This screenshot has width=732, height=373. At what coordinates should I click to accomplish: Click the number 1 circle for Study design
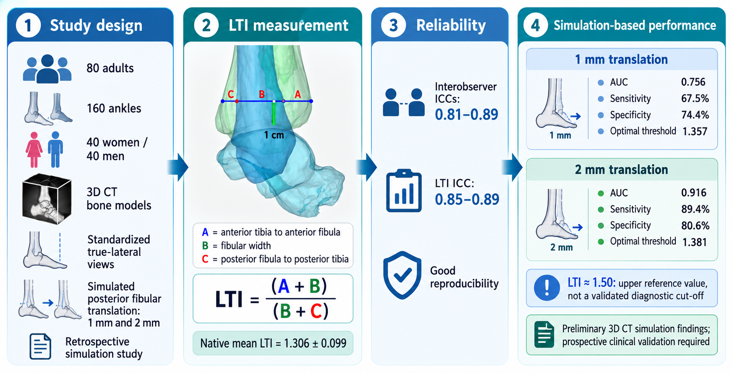pyautogui.click(x=28, y=25)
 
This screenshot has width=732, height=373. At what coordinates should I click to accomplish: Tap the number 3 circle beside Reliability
pyautogui.click(x=393, y=25)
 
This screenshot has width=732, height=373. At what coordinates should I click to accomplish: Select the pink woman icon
pyautogui.click(x=34, y=150)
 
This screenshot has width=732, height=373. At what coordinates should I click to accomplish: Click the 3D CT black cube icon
pyautogui.click(x=47, y=199)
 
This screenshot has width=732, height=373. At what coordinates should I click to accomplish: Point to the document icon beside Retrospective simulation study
pyautogui.click(x=40, y=346)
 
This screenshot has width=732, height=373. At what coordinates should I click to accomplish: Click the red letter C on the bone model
pyautogui.click(x=231, y=94)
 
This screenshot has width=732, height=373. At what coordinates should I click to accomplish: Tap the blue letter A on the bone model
pyautogui.click(x=298, y=95)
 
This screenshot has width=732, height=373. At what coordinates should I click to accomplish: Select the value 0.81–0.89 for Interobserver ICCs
pyautogui.click(x=466, y=114)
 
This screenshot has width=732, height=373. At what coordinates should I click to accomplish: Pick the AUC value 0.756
pyautogui.click(x=693, y=82)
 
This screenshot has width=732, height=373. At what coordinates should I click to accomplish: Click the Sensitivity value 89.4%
pyautogui.click(x=695, y=209)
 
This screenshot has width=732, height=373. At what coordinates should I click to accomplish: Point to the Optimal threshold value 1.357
pyautogui.click(x=695, y=131)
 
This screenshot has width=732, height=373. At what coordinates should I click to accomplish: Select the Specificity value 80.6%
pyautogui.click(x=695, y=225)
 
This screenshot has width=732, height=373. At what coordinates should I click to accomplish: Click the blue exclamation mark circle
pyautogui.click(x=547, y=288)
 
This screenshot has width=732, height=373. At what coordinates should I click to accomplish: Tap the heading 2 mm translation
pyautogui.click(x=621, y=170)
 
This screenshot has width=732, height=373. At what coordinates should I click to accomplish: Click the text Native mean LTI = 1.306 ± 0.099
pyautogui.click(x=273, y=343)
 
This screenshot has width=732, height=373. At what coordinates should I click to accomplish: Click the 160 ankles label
pyautogui.click(x=114, y=108)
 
